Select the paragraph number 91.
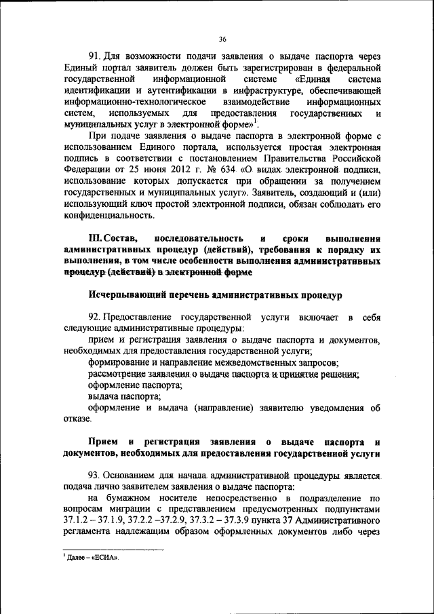(x=94, y=55)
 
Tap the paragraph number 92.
(x=94, y=318)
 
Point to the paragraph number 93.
(x=94, y=475)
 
